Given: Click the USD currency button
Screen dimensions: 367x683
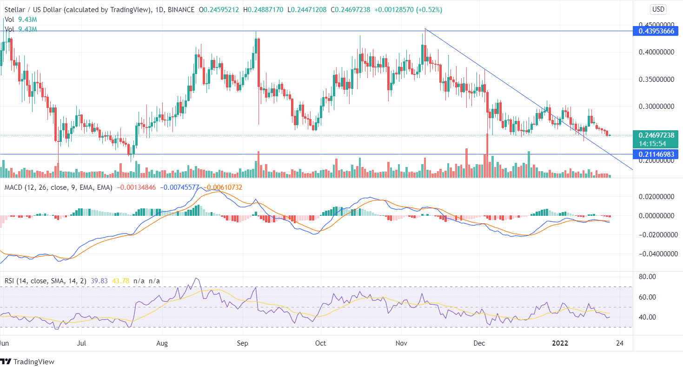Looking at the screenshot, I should pos(658,9).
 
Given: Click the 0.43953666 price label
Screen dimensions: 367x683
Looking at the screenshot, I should pos(656,31).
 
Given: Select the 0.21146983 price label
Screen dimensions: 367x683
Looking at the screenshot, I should pos(656,154).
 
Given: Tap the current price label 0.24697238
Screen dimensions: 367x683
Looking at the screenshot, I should pos(656,135).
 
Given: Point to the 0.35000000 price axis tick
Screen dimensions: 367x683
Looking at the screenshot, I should pos(655,80).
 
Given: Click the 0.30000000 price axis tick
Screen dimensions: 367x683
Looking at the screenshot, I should pos(655,107).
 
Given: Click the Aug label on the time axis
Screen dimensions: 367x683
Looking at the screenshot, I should pos(162,344).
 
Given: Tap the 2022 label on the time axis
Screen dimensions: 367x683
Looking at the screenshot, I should pos(559,344).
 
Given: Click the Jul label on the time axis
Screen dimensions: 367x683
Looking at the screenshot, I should pos(81,344).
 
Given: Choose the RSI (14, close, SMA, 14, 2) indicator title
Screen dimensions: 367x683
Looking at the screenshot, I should pos(44,280).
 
